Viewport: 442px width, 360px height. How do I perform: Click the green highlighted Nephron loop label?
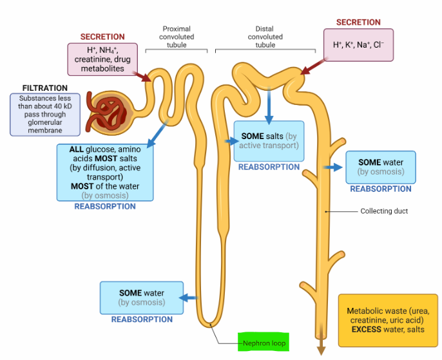pos(264,343)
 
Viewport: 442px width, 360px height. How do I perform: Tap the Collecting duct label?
pos(384,211)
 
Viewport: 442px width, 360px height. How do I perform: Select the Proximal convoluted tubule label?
pos(177,37)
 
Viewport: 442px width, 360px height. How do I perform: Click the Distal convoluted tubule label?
pos(265,37)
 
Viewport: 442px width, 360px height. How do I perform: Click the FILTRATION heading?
pos(44,88)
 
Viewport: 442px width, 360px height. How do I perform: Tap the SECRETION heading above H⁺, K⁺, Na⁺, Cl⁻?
pos(358,23)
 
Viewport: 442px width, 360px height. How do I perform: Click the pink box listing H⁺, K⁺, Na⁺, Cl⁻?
pos(358,45)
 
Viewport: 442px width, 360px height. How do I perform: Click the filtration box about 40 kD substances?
pos(44,115)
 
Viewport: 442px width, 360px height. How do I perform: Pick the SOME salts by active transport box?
pos(269,141)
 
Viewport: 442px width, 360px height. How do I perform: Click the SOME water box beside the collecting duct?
pos(381,167)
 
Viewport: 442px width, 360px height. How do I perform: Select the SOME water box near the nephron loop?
pos(141,298)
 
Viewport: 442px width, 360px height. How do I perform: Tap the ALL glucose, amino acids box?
pos(105,172)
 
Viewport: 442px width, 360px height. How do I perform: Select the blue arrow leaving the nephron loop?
pos(188,297)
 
